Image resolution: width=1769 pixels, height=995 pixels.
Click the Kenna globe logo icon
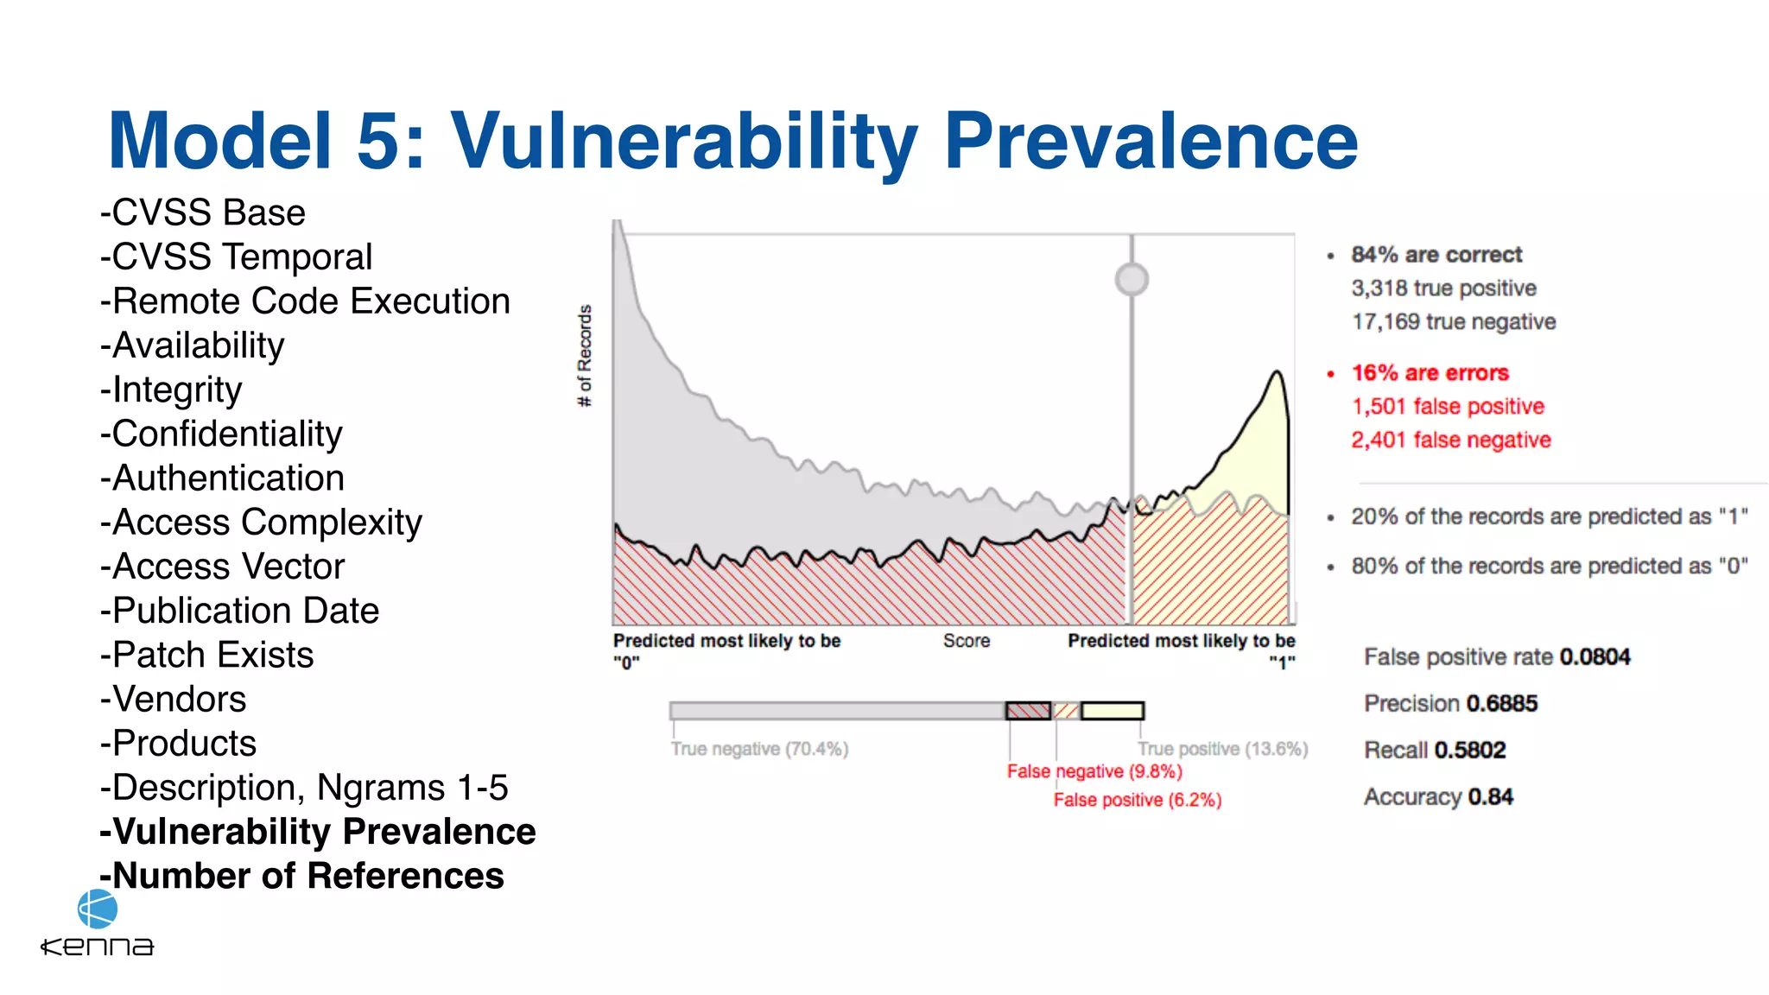[x=97, y=909]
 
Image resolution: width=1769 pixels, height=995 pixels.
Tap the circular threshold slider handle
[x=1132, y=279]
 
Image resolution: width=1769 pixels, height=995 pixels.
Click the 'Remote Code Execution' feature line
[x=305, y=301]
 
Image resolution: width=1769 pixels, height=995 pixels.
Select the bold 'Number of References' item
[x=302, y=876]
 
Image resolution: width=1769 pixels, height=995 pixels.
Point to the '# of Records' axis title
[x=585, y=355]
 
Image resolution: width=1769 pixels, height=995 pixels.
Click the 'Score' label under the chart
[x=966, y=641]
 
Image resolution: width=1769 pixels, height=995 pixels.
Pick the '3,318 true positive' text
[x=1443, y=288]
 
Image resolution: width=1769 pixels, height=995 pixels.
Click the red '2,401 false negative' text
[x=1450, y=440]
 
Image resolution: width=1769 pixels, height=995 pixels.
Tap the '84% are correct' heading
[x=1436, y=255]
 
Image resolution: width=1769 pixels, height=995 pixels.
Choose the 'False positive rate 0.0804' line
[x=1496, y=656]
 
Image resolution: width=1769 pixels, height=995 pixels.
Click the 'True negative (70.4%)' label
[x=759, y=749]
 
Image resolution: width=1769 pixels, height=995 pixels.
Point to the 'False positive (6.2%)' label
[x=1137, y=800]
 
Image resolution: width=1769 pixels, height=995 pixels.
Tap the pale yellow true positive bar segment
[x=1112, y=711]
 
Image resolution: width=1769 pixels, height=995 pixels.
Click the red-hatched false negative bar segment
[x=1028, y=711]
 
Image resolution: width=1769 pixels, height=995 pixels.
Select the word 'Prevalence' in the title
[x=1151, y=141]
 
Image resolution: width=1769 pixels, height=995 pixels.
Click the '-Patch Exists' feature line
[x=207, y=655]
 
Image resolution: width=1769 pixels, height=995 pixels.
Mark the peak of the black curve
[x=1277, y=371]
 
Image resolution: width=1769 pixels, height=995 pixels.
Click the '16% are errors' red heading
[x=1430, y=373]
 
